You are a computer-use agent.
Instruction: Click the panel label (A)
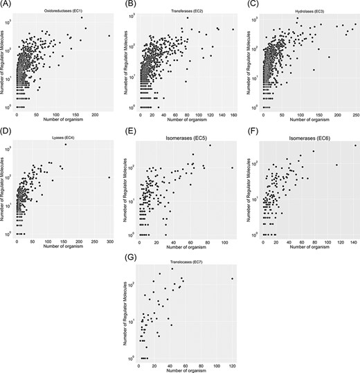8,3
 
